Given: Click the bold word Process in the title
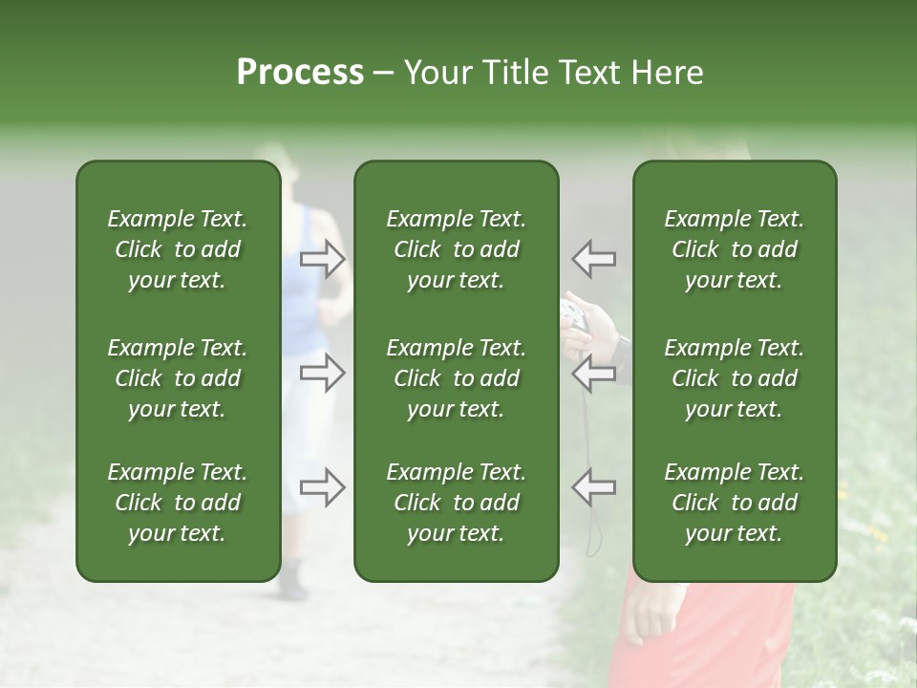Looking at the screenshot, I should [x=300, y=73].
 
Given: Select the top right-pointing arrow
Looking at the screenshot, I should [x=323, y=259].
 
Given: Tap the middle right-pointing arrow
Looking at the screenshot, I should [x=323, y=373].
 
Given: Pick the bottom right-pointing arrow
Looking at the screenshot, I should [x=323, y=487].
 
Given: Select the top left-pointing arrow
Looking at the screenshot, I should [x=593, y=259].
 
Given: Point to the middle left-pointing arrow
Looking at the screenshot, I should [x=593, y=373].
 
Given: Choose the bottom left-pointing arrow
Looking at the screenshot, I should [x=593, y=487].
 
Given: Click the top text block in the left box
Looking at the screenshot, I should [x=178, y=249].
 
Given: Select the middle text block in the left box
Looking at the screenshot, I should [x=178, y=378].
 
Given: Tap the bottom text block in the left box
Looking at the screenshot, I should [x=178, y=503].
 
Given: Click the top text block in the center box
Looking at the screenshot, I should [x=456, y=249].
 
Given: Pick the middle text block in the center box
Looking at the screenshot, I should [x=456, y=378].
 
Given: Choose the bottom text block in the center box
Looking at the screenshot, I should [x=456, y=503].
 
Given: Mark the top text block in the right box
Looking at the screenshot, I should [x=734, y=249].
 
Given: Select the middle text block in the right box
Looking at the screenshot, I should [x=734, y=378].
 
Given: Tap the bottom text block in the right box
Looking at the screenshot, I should [x=734, y=503].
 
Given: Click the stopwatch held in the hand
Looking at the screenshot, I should [x=576, y=313].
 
